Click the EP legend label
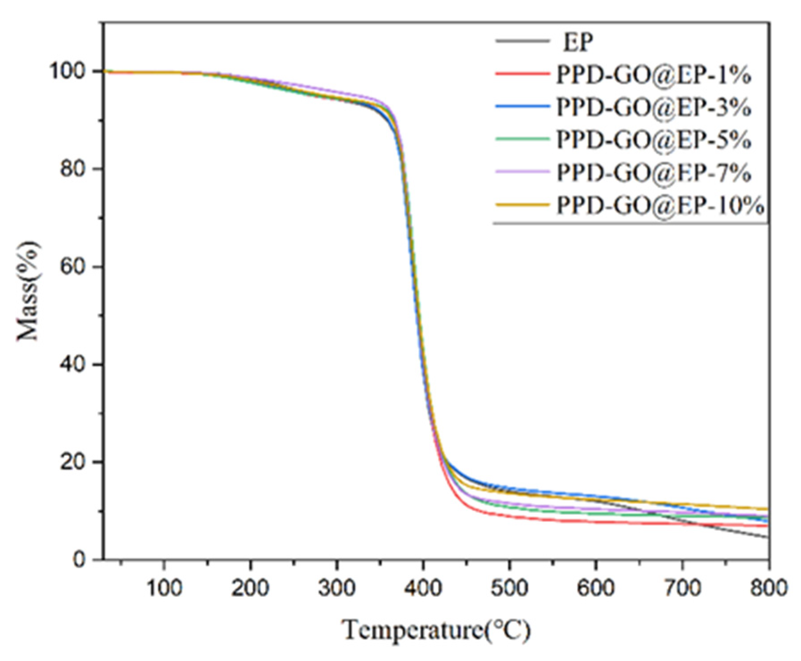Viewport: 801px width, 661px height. point(578,42)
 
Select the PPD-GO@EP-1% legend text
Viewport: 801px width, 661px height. point(653,75)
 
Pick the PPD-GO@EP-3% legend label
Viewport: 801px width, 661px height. point(653,107)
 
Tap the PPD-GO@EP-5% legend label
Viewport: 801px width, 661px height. point(653,140)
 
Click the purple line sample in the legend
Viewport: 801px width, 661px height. point(522,172)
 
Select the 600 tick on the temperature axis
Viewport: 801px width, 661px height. point(595,588)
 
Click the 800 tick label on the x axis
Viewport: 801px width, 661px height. point(768,588)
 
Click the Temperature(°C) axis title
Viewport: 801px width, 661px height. point(436,631)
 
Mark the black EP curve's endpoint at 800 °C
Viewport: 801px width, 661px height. point(768,537)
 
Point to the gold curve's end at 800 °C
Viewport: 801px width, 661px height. point(768,508)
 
